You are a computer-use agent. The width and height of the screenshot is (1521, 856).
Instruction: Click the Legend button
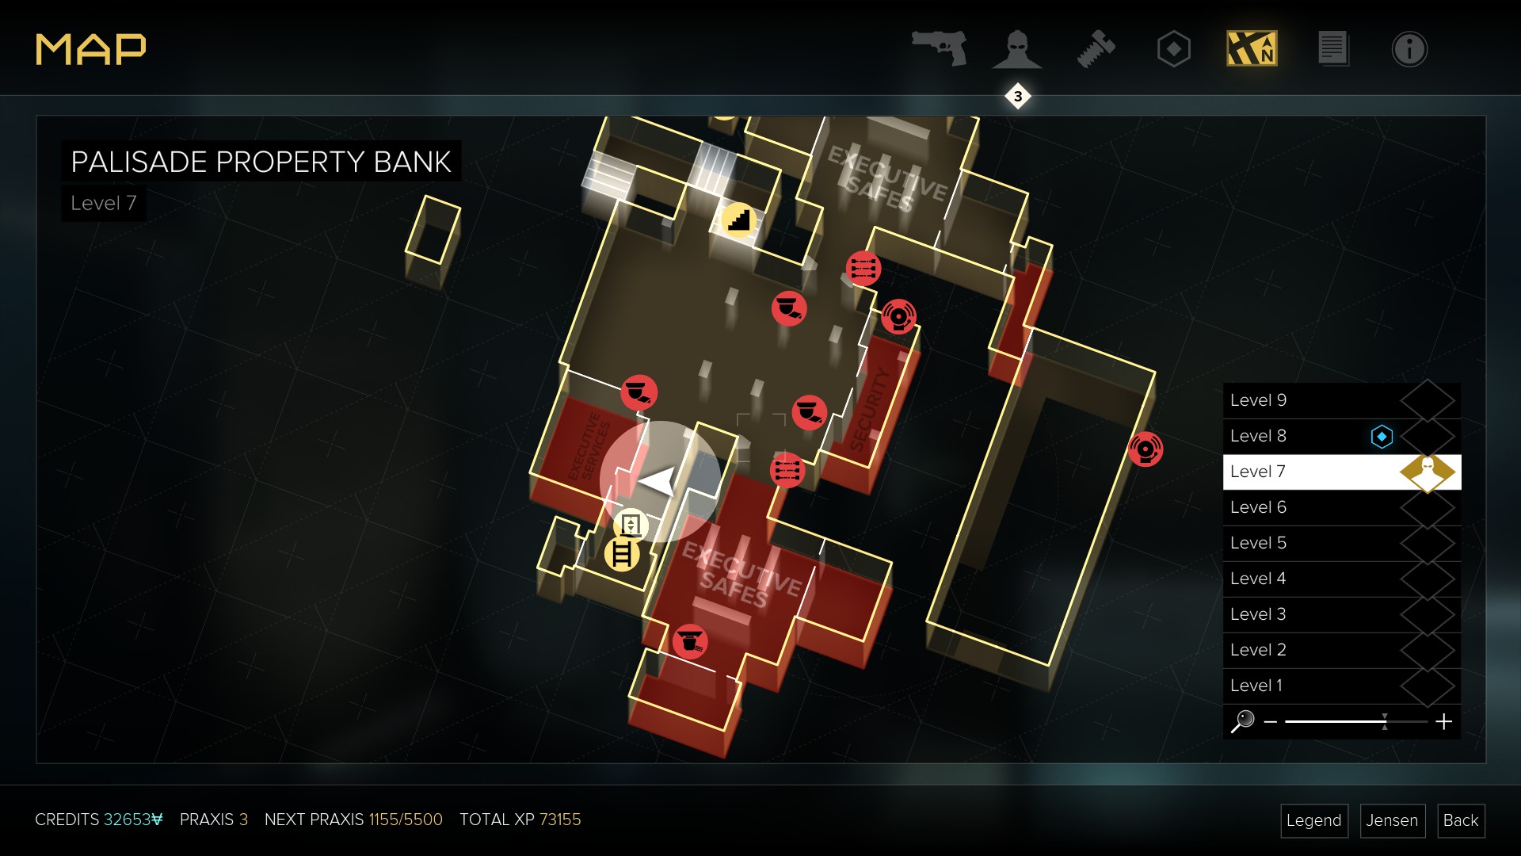[1313, 820]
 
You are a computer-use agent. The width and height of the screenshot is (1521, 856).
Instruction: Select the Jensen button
[1392, 820]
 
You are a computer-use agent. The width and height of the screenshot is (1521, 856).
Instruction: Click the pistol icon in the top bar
[940, 48]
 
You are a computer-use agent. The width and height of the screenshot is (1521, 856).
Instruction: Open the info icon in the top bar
[1409, 49]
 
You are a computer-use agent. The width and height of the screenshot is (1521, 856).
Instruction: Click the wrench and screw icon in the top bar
[1096, 49]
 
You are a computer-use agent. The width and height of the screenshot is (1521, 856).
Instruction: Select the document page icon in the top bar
[1332, 49]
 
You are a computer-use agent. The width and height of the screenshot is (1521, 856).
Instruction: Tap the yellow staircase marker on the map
[738, 220]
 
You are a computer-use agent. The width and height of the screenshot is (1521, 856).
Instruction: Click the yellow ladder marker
[622, 554]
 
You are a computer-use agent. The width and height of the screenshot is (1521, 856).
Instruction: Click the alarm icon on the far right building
[1146, 449]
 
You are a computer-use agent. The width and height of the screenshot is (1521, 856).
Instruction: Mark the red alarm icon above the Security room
[898, 317]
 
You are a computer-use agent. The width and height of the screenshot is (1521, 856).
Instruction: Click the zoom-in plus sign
[1443, 721]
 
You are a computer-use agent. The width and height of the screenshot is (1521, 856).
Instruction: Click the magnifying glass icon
[1243, 721]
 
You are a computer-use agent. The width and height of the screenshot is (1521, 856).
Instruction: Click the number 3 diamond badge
[1018, 97]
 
